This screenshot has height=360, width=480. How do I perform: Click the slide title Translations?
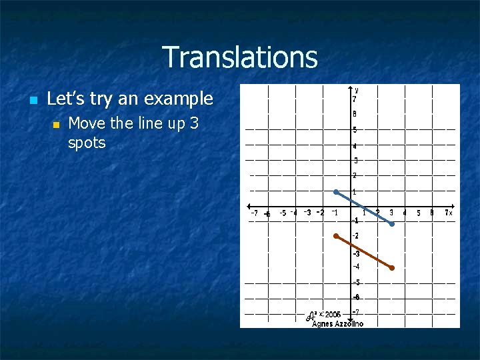pos(239,57)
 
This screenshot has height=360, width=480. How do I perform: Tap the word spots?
pos(87,143)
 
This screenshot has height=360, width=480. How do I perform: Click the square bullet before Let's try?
pos(31,101)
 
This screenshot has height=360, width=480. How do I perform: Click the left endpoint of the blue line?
pos(336,192)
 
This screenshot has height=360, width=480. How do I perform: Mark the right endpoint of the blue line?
pos(392,224)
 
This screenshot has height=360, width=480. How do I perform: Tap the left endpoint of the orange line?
pos(336,235)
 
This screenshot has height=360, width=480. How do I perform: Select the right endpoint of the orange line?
pos(392,268)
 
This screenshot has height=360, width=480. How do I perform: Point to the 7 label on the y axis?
pos(355,99)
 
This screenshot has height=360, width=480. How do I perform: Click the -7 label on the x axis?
pos(254,213)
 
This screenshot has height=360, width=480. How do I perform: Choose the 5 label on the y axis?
pos(355,130)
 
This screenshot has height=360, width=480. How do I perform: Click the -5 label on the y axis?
pos(356,282)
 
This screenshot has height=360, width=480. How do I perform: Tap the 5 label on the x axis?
pos(418,213)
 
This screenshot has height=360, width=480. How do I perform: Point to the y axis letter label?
pos(357,89)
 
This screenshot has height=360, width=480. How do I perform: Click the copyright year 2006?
pos(333,314)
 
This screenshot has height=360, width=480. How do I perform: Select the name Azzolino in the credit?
pos(349,323)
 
